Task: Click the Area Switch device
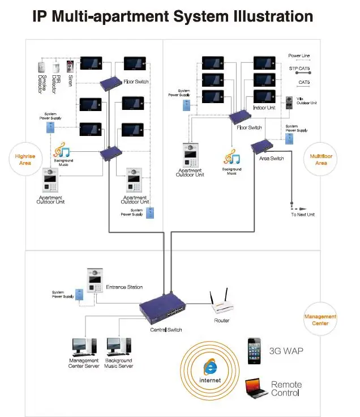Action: pos(262,147)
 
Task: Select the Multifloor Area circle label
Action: pos(321,159)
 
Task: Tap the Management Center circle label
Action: pos(320,320)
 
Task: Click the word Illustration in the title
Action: pos(269,16)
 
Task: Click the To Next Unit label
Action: pos(303,214)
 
